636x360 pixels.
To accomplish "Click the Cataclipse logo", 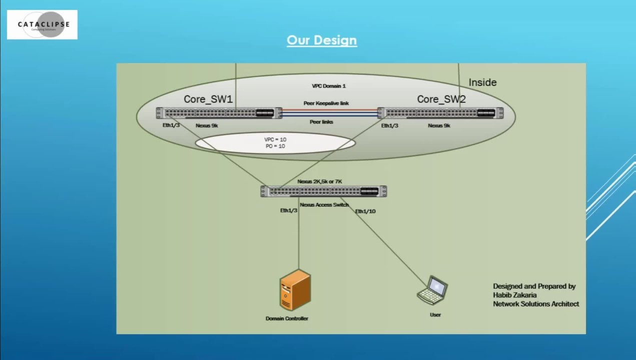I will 42,24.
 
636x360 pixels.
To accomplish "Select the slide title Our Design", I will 321,40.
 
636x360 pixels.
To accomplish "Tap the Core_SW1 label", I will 208,99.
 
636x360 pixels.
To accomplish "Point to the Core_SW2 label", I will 441,99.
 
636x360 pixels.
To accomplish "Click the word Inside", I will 482,82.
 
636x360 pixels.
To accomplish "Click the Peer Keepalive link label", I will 326,103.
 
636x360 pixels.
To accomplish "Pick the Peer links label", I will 322,122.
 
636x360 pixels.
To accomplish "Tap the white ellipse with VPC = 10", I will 275,142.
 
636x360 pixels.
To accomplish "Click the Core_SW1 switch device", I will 215,113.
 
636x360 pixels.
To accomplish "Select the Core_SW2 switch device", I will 440,113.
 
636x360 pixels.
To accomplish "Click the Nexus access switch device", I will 323,191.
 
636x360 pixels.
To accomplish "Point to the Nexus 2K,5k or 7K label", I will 323,181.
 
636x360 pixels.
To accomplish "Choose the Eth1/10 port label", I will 365,211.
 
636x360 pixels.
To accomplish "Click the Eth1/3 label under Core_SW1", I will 171,125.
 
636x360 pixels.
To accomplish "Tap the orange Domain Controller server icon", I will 295,290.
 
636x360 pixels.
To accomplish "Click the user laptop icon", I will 432,290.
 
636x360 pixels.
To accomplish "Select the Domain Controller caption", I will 287,318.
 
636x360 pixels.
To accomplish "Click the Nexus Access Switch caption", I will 324,204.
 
